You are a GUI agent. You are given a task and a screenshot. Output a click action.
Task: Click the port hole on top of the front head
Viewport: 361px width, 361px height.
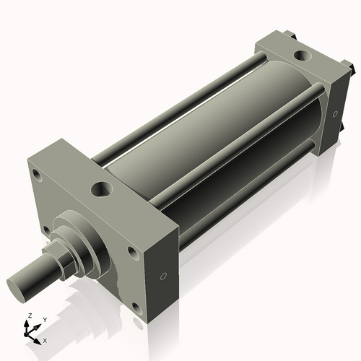(x=100, y=191)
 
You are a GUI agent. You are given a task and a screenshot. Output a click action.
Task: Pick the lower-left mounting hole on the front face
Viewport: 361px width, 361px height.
(x=47, y=230)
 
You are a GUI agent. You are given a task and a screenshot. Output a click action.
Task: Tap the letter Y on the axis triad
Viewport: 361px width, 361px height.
(x=44, y=318)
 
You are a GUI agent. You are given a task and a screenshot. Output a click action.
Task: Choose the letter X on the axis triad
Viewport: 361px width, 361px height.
(x=45, y=339)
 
